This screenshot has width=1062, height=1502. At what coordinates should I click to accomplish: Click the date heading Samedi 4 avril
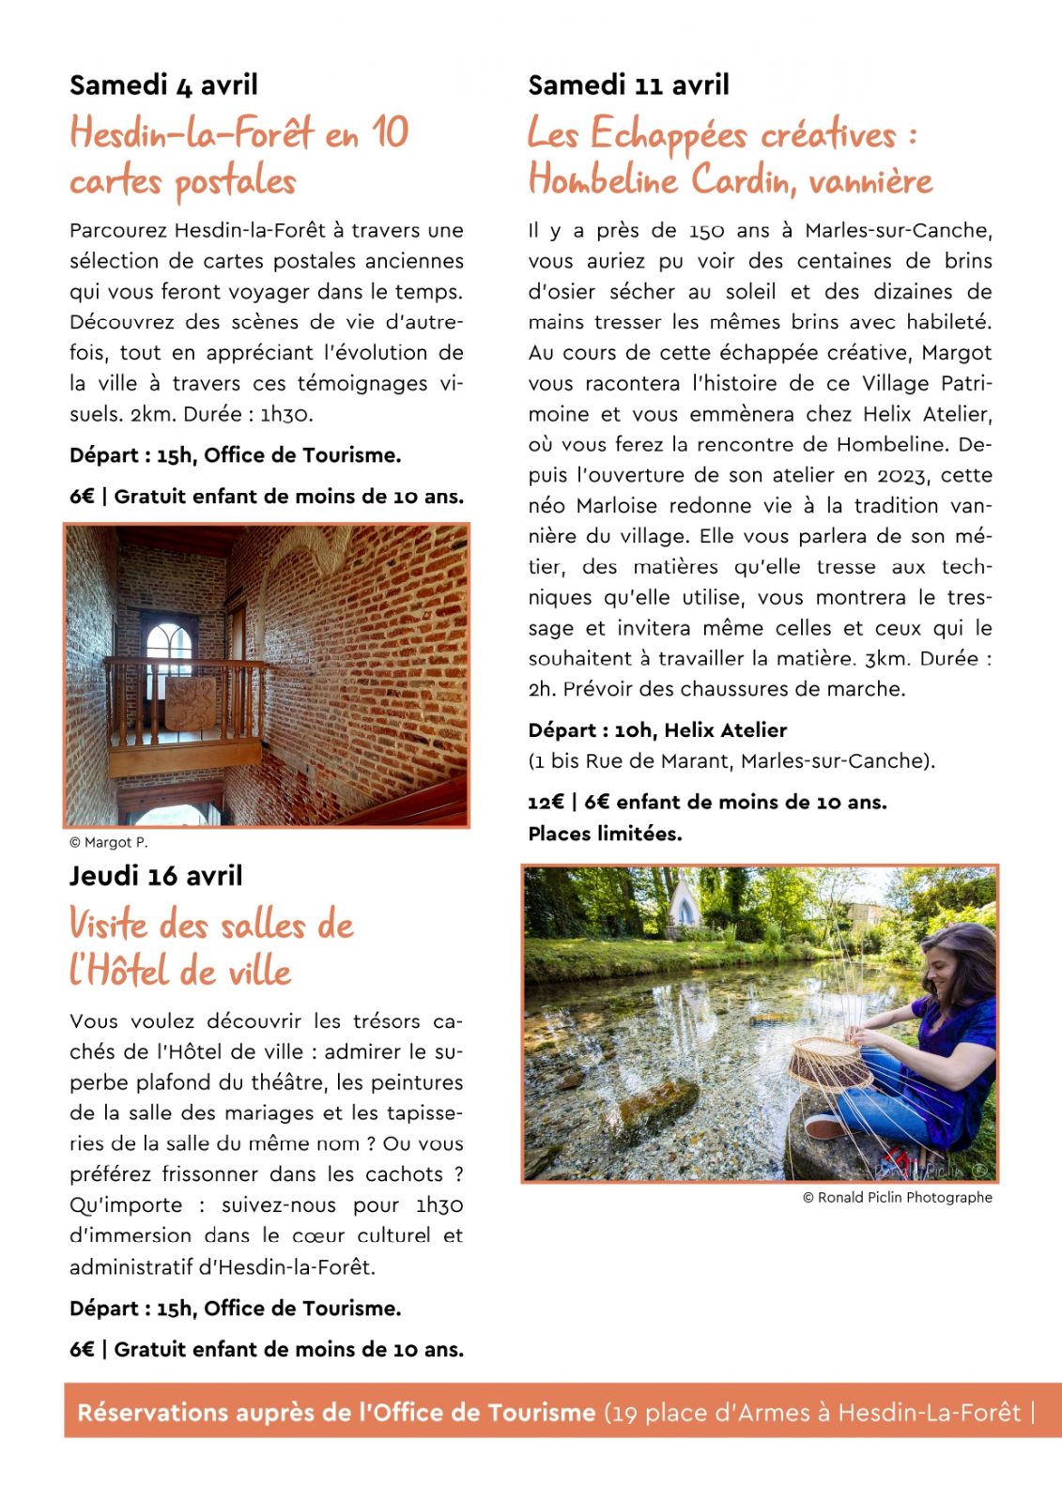point(163,85)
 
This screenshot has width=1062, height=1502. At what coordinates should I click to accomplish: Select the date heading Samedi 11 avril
point(628,85)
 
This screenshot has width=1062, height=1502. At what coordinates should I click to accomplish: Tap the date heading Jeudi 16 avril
point(156,876)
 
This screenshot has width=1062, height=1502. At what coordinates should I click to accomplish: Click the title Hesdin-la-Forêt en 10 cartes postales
point(239,157)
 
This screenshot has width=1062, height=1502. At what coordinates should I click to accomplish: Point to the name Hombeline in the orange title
point(603,179)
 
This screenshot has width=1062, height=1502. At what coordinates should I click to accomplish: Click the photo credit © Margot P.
point(109,843)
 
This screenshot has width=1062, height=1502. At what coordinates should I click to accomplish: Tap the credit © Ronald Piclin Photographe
point(897,1198)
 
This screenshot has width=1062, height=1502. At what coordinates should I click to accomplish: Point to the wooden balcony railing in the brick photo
point(183,699)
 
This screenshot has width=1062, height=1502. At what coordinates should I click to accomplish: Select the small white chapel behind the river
point(685,905)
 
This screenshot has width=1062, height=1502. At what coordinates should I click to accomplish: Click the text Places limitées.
point(605,834)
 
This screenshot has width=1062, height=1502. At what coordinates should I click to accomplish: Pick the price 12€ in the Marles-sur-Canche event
point(546,803)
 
